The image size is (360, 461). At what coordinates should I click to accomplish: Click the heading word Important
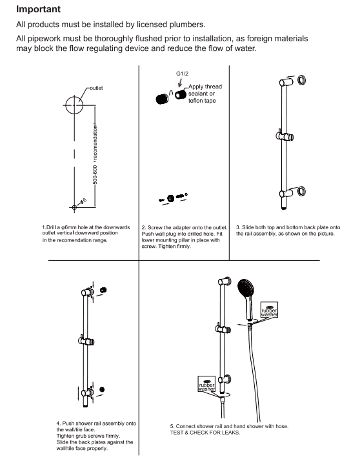(43, 10)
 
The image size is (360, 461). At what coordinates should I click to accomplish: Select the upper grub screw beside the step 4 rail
(104, 289)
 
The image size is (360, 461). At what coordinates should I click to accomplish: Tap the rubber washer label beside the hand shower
(269, 311)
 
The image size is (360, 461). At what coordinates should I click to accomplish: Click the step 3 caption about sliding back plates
(286, 230)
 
